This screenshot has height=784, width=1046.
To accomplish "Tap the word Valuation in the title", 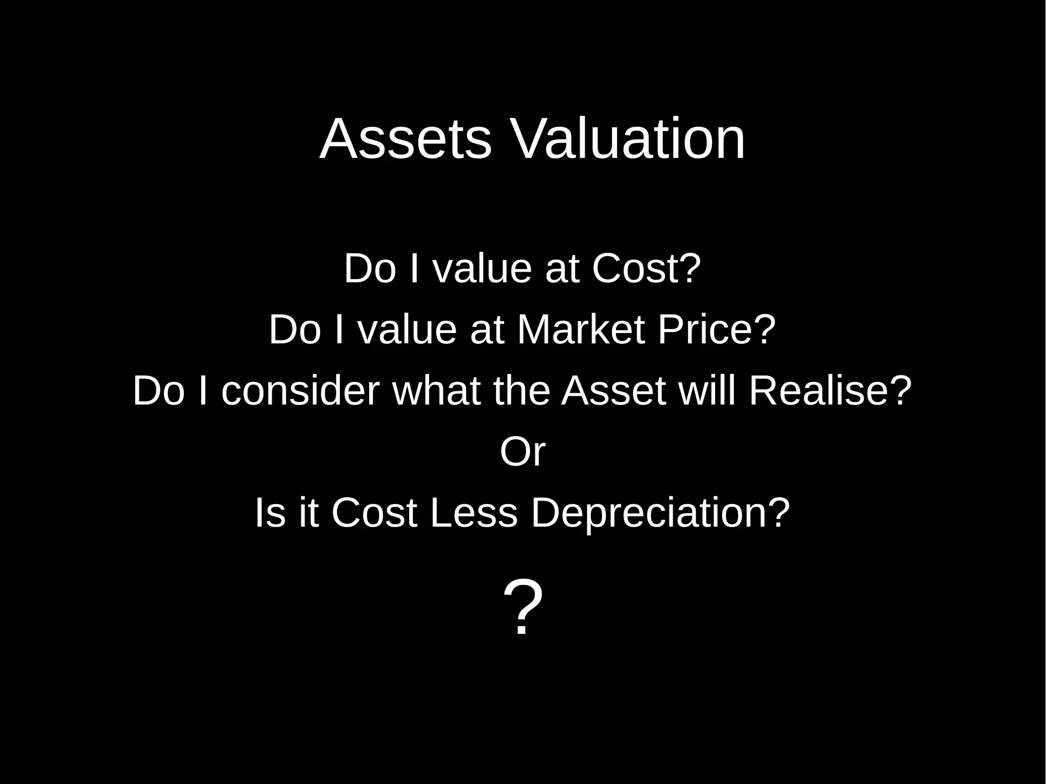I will pyautogui.click(x=628, y=139).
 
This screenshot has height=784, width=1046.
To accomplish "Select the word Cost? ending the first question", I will pyautogui.click(x=647, y=269).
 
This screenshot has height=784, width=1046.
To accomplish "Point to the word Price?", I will pyautogui.click(x=717, y=330).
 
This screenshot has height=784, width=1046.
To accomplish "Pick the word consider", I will pyautogui.click(x=300, y=391).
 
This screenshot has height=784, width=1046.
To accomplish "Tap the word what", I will pyautogui.click(x=436, y=391).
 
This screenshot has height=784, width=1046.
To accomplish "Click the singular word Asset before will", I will pyautogui.click(x=613, y=391).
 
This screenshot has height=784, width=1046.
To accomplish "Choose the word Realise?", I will pyautogui.click(x=830, y=391).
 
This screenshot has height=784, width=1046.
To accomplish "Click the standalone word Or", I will pyautogui.click(x=522, y=452).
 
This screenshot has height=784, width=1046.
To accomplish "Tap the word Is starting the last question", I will pyautogui.click(x=270, y=513).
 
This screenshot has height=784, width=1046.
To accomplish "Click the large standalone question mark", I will pyautogui.click(x=522, y=608).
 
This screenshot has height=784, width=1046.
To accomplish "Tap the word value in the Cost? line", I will pyautogui.click(x=482, y=269).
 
